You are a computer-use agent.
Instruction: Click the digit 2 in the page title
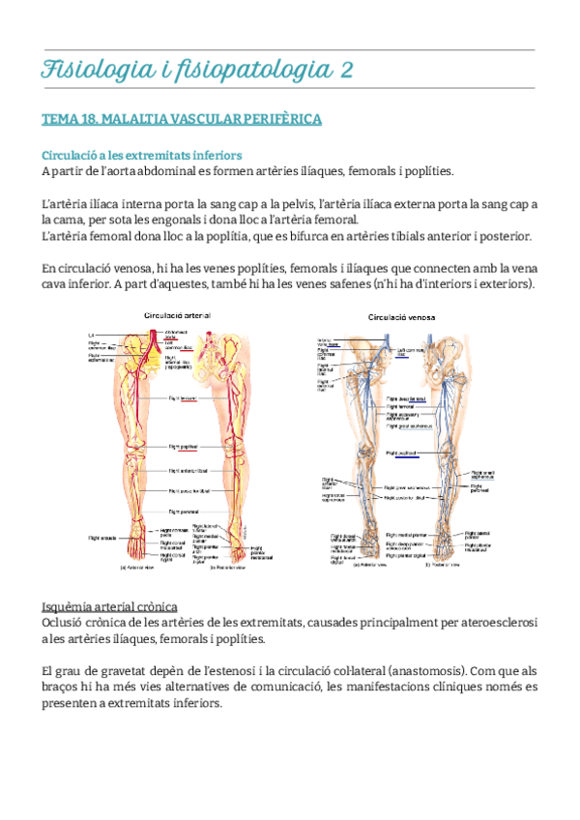[345, 70]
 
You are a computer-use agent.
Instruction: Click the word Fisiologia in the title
[92, 70]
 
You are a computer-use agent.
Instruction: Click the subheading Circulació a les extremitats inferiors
[141, 155]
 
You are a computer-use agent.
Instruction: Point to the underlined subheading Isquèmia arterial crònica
[108, 606]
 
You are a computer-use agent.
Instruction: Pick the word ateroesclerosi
[493, 623]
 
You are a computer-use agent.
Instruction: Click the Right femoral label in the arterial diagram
[182, 397]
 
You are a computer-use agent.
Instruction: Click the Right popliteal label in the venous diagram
[402, 453]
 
